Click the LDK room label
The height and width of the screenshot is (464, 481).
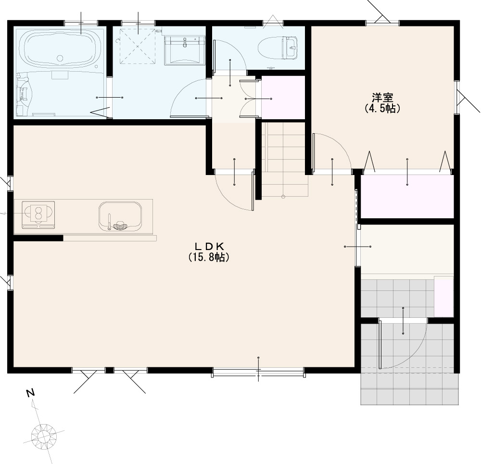[x=210, y=246]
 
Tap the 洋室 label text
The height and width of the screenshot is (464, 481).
[x=382, y=98]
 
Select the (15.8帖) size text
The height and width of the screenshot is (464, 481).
[x=209, y=257]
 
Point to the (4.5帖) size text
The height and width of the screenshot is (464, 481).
[x=382, y=109]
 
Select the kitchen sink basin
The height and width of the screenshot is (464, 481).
[x=120, y=216]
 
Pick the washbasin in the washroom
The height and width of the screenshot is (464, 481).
[x=185, y=50]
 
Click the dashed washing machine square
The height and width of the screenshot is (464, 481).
[x=137, y=46]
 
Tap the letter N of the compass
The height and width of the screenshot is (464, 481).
[x=30, y=393]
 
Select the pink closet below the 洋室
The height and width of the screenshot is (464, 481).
[x=407, y=196]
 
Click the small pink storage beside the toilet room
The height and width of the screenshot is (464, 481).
[x=282, y=98]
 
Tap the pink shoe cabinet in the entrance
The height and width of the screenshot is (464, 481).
[x=443, y=296]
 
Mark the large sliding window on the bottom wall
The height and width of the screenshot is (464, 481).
[x=258, y=372]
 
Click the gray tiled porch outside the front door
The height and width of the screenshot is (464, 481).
[x=410, y=388]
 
